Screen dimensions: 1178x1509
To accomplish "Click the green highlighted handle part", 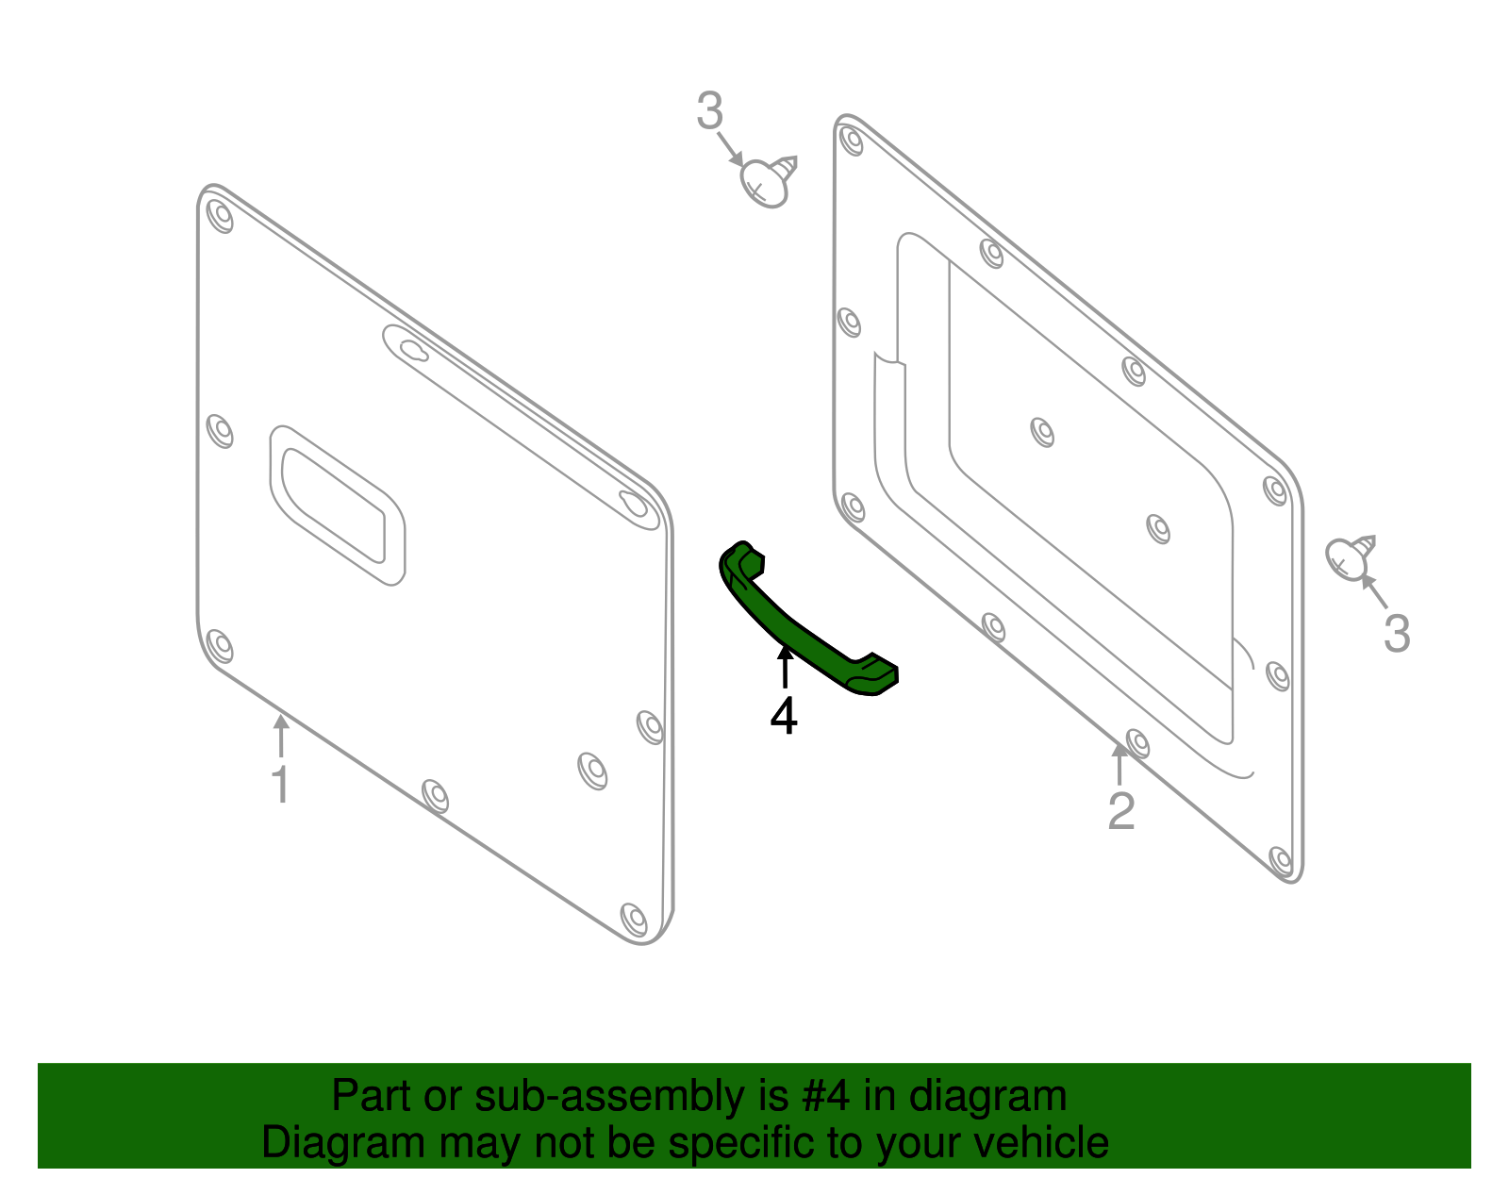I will click(x=802, y=627).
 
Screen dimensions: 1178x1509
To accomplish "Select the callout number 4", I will click(x=784, y=717).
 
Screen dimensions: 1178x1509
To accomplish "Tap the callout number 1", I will click(x=280, y=785).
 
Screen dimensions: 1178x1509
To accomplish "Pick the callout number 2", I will click(x=1120, y=811).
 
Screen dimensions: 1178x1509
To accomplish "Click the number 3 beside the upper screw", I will click(x=710, y=112).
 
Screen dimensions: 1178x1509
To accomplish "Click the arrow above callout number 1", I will click(x=280, y=737).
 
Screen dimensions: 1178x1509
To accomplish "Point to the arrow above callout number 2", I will click(x=1119, y=764).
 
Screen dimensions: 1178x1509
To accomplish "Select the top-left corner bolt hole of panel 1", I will click(x=220, y=216).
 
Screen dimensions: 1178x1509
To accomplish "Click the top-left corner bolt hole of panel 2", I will click(x=852, y=141).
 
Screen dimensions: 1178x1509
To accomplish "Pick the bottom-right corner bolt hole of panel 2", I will click(x=1281, y=860).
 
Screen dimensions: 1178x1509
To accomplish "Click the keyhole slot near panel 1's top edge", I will click(x=413, y=350).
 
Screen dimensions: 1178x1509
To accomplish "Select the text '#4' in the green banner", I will click(x=826, y=1097).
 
